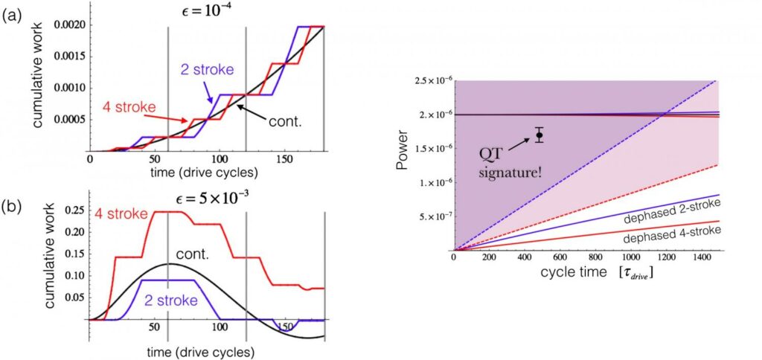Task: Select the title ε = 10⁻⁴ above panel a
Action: pos(205,13)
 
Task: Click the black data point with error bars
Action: pos(539,135)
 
